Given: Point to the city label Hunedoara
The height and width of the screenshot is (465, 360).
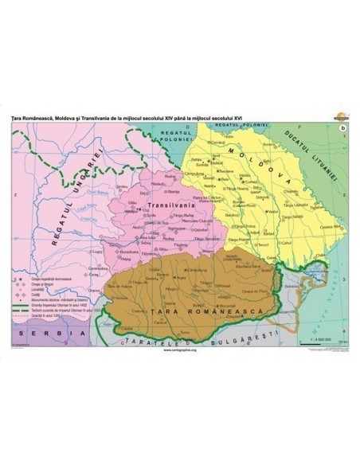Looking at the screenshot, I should [127, 249].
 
